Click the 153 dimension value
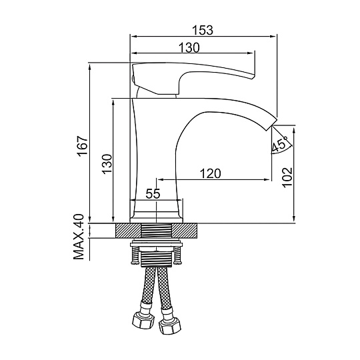[203, 30]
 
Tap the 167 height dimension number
[83, 147]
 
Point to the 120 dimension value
[210, 173]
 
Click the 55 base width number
[153, 194]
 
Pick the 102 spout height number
[287, 178]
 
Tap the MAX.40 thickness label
[79, 237]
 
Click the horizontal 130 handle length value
[189, 48]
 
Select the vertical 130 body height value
[107, 164]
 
